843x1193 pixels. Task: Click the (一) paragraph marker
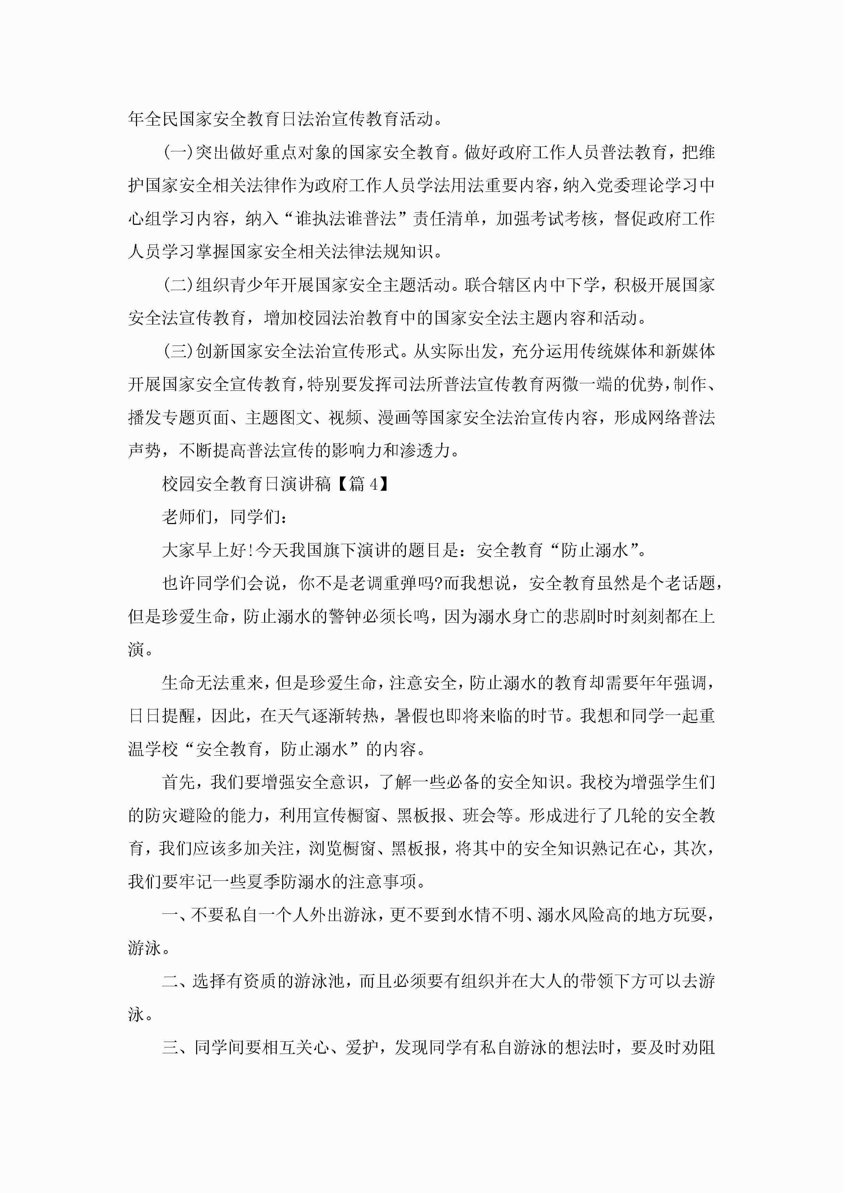click(x=178, y=153)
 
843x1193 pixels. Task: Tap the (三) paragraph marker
click(x=178, y=352)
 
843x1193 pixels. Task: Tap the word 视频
click(x=345, y=418)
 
